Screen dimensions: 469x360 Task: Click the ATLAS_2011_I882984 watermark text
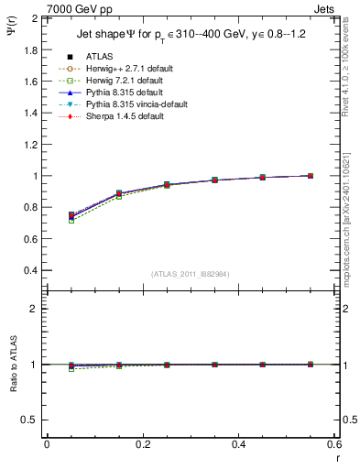click(x=191, y=275)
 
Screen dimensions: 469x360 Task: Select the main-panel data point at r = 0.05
click(x=71, y=215)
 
